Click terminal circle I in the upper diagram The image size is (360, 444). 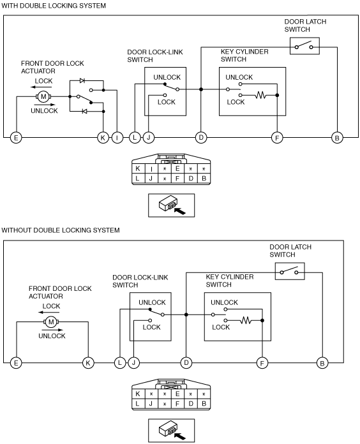pos(117,138)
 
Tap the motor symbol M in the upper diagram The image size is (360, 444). pos(43,96)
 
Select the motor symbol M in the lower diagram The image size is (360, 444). pos(51,322)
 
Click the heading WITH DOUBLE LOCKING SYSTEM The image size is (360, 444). pos(54,6)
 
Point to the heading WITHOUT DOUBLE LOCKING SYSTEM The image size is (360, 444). pos(61,230)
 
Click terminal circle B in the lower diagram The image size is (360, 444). pos(322,363)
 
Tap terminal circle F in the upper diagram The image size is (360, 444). pos(277,138)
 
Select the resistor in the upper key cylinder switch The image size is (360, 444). pos(260,95)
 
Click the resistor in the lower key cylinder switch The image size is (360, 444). pos(246,320)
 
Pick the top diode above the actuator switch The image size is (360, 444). pos(82,81)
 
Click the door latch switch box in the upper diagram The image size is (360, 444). pos(304,46)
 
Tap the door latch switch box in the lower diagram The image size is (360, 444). pos(290,271)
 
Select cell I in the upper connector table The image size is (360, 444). pos(151,169)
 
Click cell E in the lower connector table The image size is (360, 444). pos(177,394)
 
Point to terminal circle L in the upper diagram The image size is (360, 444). pos(135,138)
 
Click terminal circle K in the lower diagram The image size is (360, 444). pos(88,363)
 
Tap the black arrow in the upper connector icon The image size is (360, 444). pos(179,211)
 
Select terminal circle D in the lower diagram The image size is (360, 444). pos(186,363)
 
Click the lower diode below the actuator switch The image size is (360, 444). pos(84,111)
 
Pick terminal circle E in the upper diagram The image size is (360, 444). pos(16,138)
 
